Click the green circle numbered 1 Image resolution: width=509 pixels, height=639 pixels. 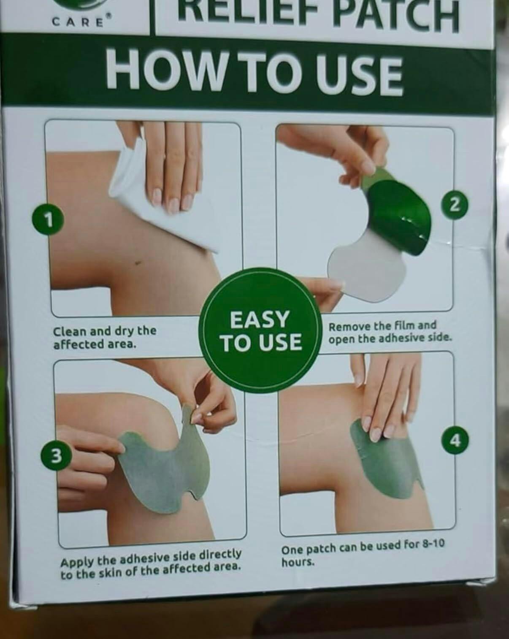point(49,220)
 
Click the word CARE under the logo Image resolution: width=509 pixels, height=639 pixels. point(79,22)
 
